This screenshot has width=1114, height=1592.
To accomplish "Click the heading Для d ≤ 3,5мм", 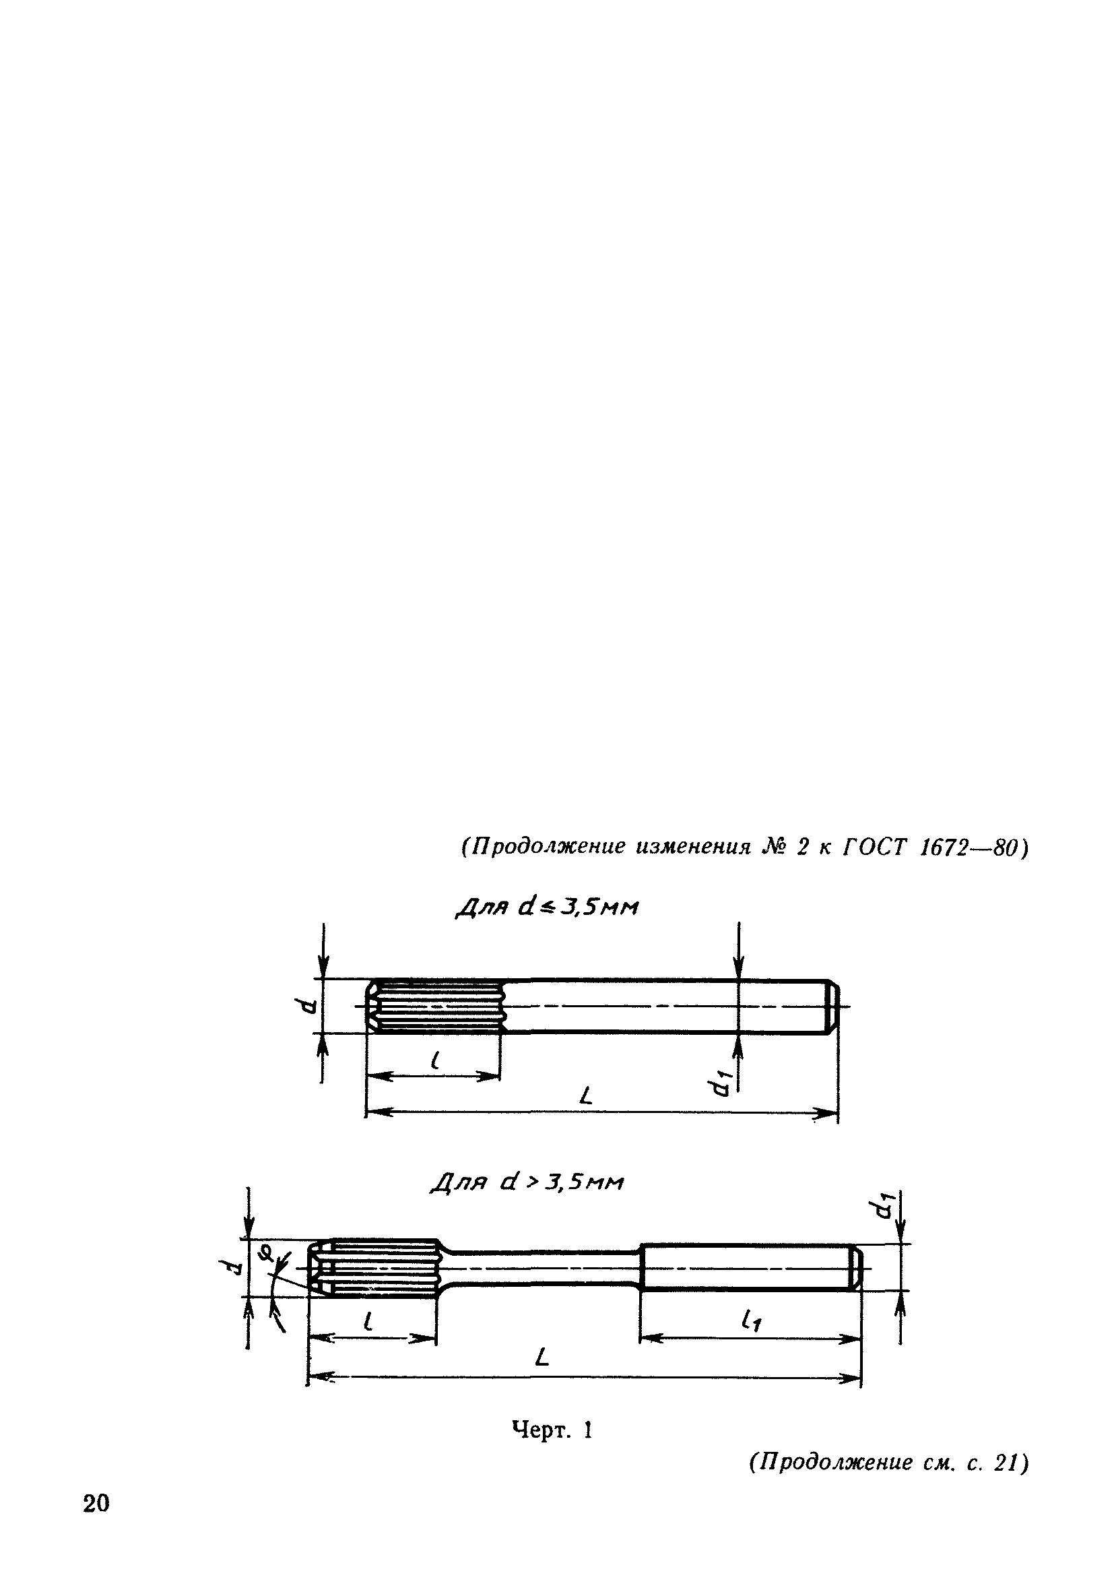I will tap(547, 908).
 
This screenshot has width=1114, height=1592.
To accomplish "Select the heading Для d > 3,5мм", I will tap(527, 1182).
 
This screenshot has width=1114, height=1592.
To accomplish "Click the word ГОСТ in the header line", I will tap(874, 848).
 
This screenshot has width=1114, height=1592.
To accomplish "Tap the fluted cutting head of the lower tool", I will tap(374, 1267).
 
